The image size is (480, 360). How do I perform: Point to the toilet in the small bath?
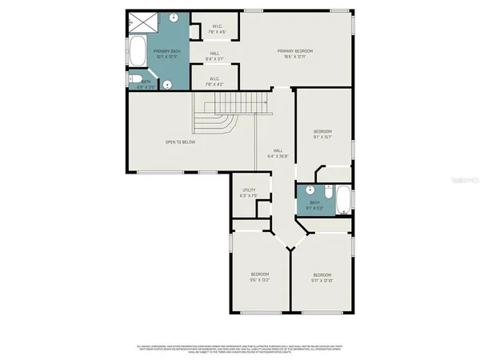[137, 79]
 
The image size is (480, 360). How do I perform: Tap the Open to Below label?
[180, 142]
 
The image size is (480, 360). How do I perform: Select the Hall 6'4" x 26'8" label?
[278, 153]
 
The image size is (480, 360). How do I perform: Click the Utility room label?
[249, 192]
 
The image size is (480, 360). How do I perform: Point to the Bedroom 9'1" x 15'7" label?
[322, 134]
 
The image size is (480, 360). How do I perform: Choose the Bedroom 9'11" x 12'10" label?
[322, 278]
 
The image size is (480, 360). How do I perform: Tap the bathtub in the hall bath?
[342, 200]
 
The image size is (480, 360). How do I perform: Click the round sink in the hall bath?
[308, 191]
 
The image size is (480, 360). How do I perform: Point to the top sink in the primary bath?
[174, 17]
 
